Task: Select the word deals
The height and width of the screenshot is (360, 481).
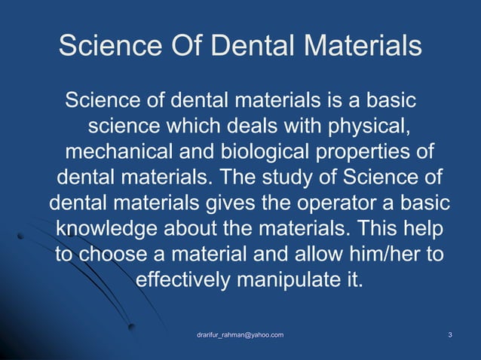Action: pyautogui.click(x=252, y=125)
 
